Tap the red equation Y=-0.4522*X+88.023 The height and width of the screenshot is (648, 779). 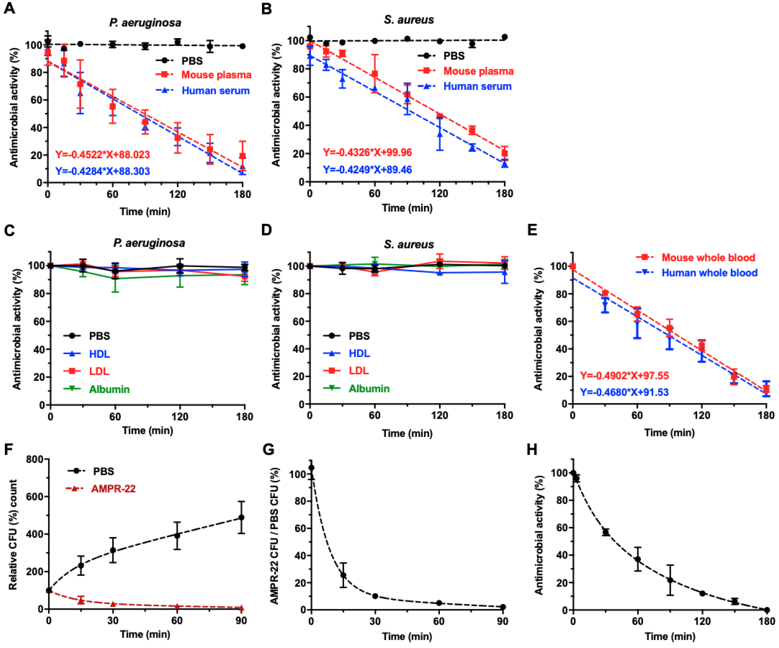(102, 155)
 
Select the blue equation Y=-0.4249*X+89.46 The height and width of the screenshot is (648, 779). (367, 170)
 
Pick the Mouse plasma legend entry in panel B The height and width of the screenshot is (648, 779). (478, 71)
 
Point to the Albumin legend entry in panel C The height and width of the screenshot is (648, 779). (109, 389)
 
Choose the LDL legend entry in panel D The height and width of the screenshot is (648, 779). (359, 371)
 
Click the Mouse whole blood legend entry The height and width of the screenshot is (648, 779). (708, 258)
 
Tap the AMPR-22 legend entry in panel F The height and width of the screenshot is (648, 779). (113, 489)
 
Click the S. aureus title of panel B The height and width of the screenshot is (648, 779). (409, 20)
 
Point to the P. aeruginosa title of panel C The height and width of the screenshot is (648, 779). (149, 243)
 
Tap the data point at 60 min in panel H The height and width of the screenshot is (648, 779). (638, 559)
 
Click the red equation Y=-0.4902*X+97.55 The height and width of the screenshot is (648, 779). (624, 376)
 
